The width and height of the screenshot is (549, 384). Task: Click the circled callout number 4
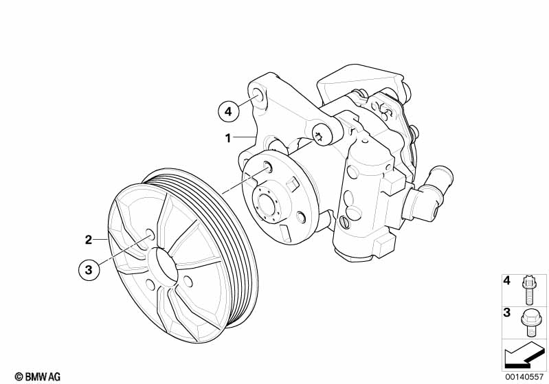point(228,111)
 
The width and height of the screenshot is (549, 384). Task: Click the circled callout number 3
point(89,270)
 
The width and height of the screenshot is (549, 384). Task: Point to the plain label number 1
point(228,138)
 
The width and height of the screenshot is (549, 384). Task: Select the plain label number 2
point(89,240)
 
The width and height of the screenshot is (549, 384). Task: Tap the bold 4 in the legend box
point(506,280)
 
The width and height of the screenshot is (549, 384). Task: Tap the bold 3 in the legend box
point(506,313)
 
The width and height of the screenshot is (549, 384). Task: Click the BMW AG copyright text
point(38,376)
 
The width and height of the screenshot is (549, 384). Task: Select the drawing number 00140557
point(524,377)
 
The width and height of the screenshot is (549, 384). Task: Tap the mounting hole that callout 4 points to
point(258,95)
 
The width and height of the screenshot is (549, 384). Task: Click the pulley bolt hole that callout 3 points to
point(150,234)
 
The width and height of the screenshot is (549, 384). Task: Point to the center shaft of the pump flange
point(266,205)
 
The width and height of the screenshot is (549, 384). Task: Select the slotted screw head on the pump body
point(344,223)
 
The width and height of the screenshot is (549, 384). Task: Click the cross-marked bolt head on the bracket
point(319,135)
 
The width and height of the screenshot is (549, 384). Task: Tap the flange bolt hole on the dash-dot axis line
point(267,167)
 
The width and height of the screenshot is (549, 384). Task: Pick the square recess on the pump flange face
point(292,183)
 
